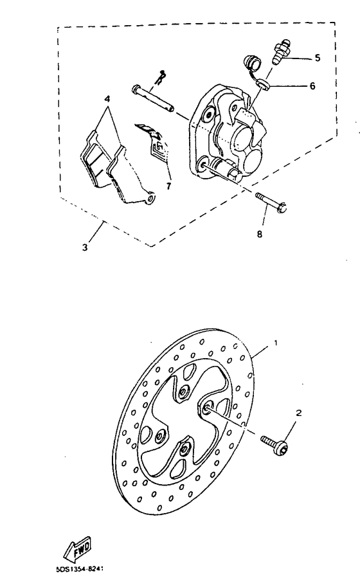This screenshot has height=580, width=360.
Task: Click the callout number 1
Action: (276, 343)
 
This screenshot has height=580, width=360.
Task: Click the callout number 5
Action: (317, 58)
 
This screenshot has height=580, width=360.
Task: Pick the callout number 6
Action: (312, 86)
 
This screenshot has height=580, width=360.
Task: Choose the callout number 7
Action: (168, 186)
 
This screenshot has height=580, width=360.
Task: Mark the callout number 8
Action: (260, 234)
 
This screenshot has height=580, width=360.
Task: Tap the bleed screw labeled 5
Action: (282, 51)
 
